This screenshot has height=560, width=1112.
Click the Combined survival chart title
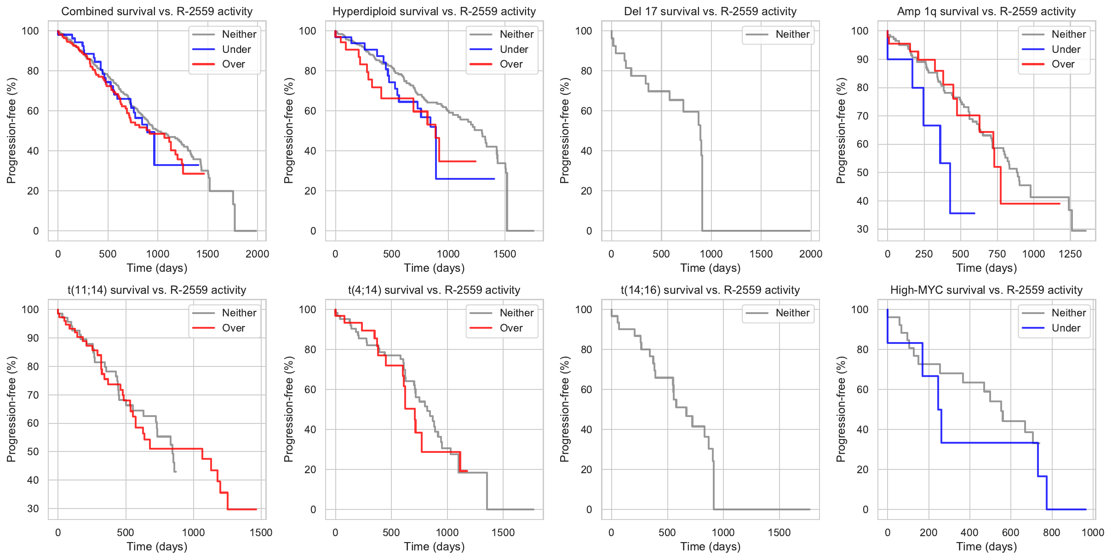point(157,11)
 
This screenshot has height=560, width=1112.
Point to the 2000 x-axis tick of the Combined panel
point(257,254)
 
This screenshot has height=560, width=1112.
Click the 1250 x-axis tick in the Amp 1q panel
point(1070,254)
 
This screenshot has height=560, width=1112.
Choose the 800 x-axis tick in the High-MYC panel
point(1052,532)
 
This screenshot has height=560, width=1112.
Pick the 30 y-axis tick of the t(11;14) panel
point(33,509)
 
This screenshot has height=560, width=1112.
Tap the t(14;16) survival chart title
point(710,290)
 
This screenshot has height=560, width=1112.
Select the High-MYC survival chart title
point(986,290)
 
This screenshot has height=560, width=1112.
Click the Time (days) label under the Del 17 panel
point(710,268)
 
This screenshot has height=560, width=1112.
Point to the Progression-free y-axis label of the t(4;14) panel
point(288,409)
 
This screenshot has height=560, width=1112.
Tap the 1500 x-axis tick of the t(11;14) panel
point(261,532)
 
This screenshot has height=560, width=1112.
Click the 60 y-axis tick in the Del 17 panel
point(586,111)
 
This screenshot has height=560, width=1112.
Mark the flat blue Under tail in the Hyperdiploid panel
point(464,179)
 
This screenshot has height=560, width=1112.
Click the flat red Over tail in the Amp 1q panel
point(1030,204)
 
